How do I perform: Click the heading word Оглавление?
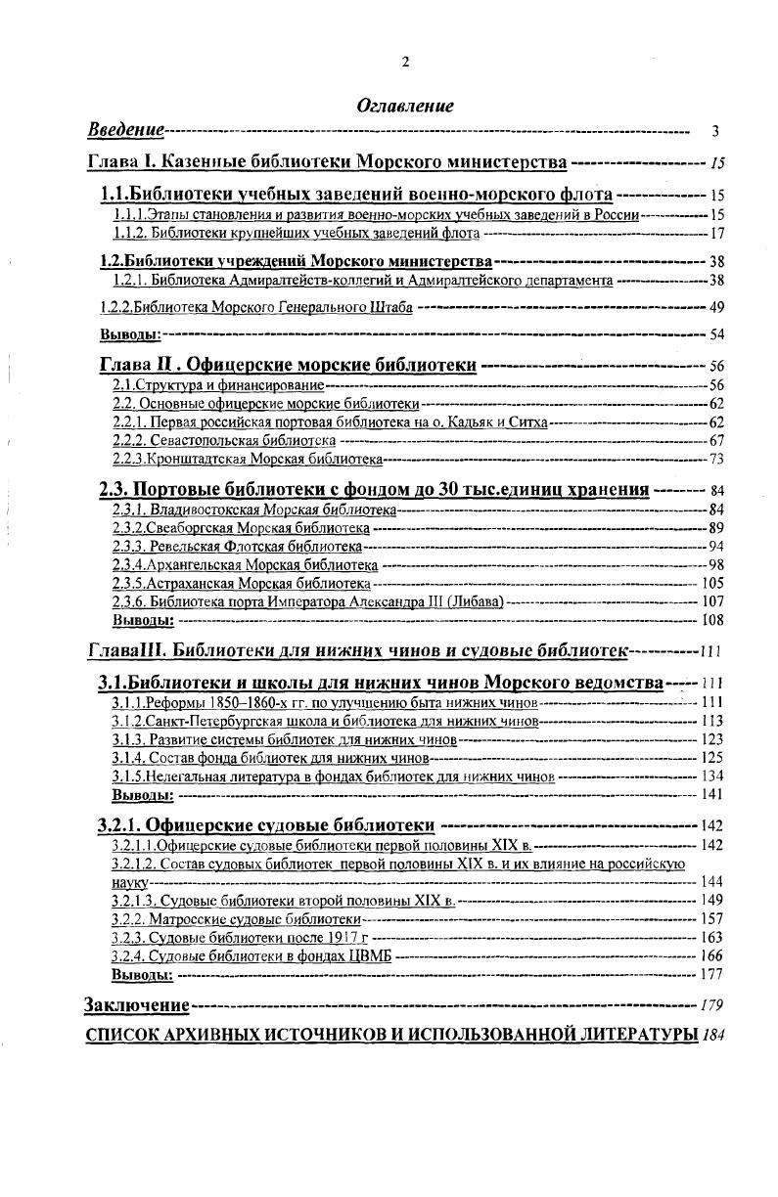coord(405,106)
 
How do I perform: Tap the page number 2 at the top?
coord(405,63)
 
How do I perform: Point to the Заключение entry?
coord(137,1005)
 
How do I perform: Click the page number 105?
coord(712,584)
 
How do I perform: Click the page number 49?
coord(716,307)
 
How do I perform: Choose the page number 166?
coord(712,956)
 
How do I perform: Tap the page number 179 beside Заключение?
coord(712,1005)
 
